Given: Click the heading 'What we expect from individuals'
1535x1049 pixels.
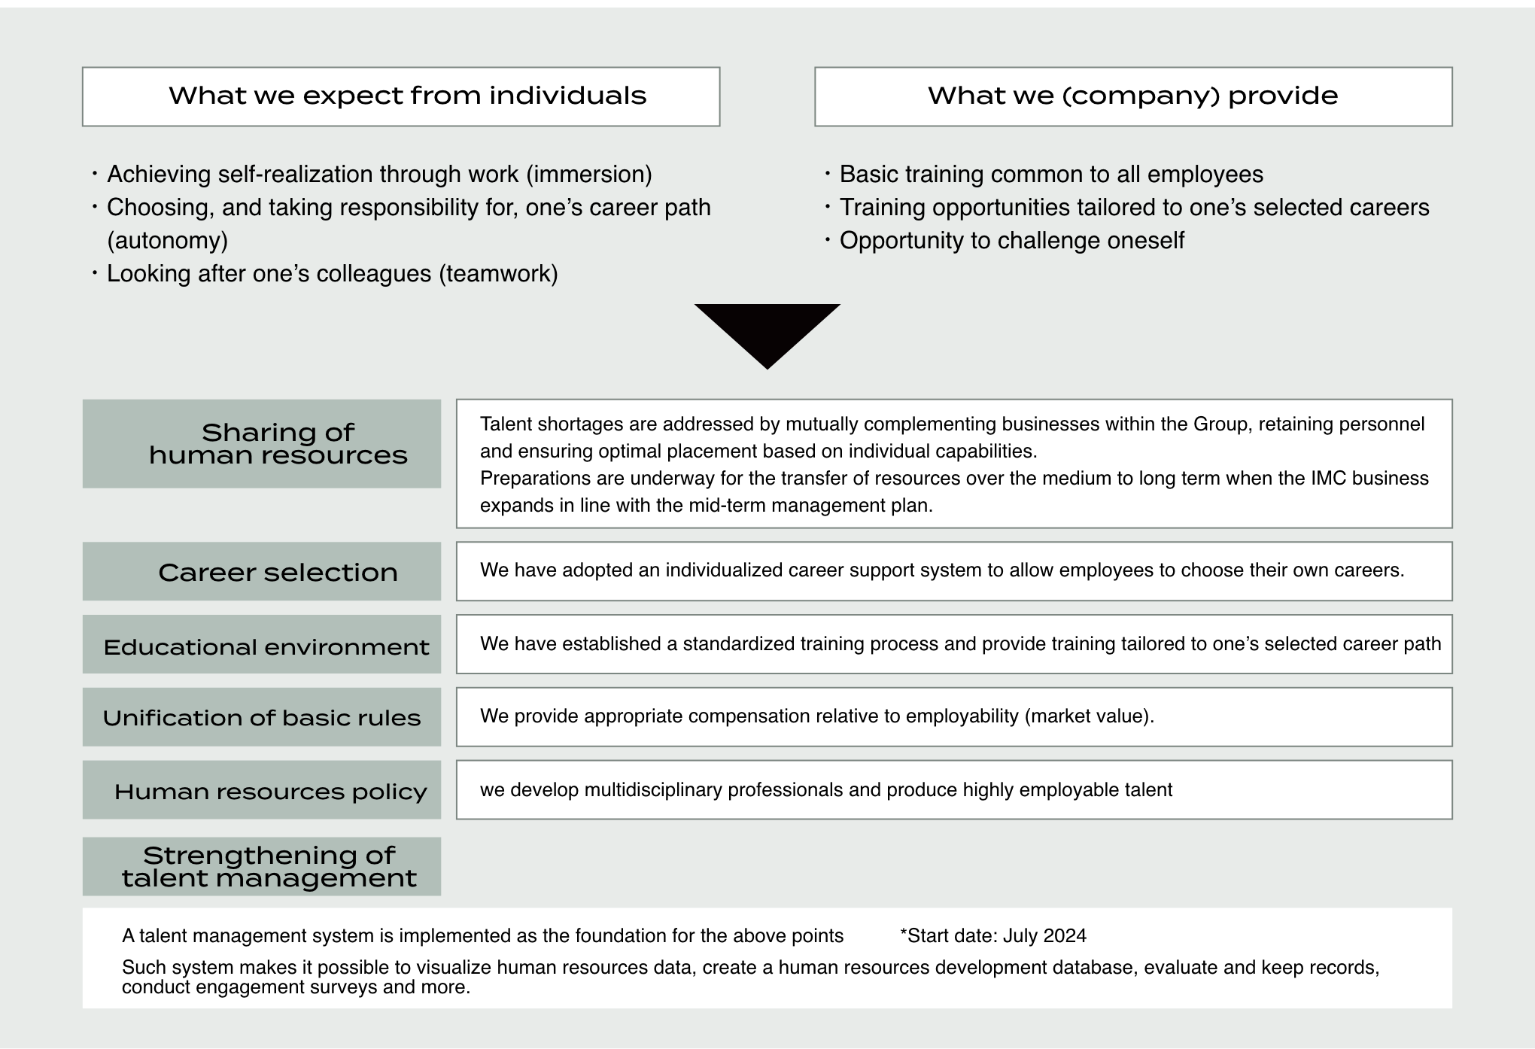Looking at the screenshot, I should (407, 96).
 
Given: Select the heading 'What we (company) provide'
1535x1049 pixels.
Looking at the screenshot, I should (1132, 96).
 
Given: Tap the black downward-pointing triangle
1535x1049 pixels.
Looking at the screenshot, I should (767, 331).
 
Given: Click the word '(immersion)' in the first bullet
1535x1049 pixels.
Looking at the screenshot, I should (588, 175).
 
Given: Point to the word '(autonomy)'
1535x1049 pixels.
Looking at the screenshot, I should (167, 241).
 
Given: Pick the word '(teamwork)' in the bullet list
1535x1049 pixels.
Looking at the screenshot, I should (498, 274).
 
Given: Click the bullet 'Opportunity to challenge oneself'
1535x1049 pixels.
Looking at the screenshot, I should (1011, 241).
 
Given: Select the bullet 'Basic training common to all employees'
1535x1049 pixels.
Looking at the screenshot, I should (1050, 175).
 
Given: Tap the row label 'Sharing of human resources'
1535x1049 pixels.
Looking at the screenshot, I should (278, 444).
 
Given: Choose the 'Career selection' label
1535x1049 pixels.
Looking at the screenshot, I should (278, 573).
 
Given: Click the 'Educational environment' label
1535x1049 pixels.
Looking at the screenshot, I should (266, 647).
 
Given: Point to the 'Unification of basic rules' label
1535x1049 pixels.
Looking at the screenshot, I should (262, 718).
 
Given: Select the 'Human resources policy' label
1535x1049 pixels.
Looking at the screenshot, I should (270, 792).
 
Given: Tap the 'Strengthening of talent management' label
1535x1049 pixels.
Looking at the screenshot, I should (269, 867).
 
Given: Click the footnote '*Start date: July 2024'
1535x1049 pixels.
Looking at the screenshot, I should (993, 936).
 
